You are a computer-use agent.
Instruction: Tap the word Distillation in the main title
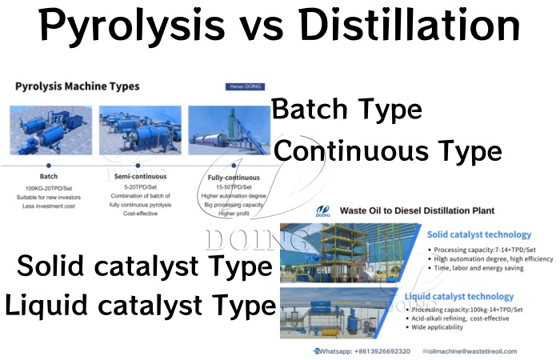tap(411, 27)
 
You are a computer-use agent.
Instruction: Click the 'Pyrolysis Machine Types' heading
tap(77, 86)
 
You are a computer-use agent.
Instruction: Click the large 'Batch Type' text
tap(347, 110)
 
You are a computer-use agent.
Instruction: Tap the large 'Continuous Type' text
tap(388, 150)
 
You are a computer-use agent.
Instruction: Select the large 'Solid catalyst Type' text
tap(145, 266)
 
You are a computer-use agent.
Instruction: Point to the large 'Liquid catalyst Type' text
tap(141, 305)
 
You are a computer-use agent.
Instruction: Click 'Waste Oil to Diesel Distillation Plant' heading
tap(417, 211)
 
